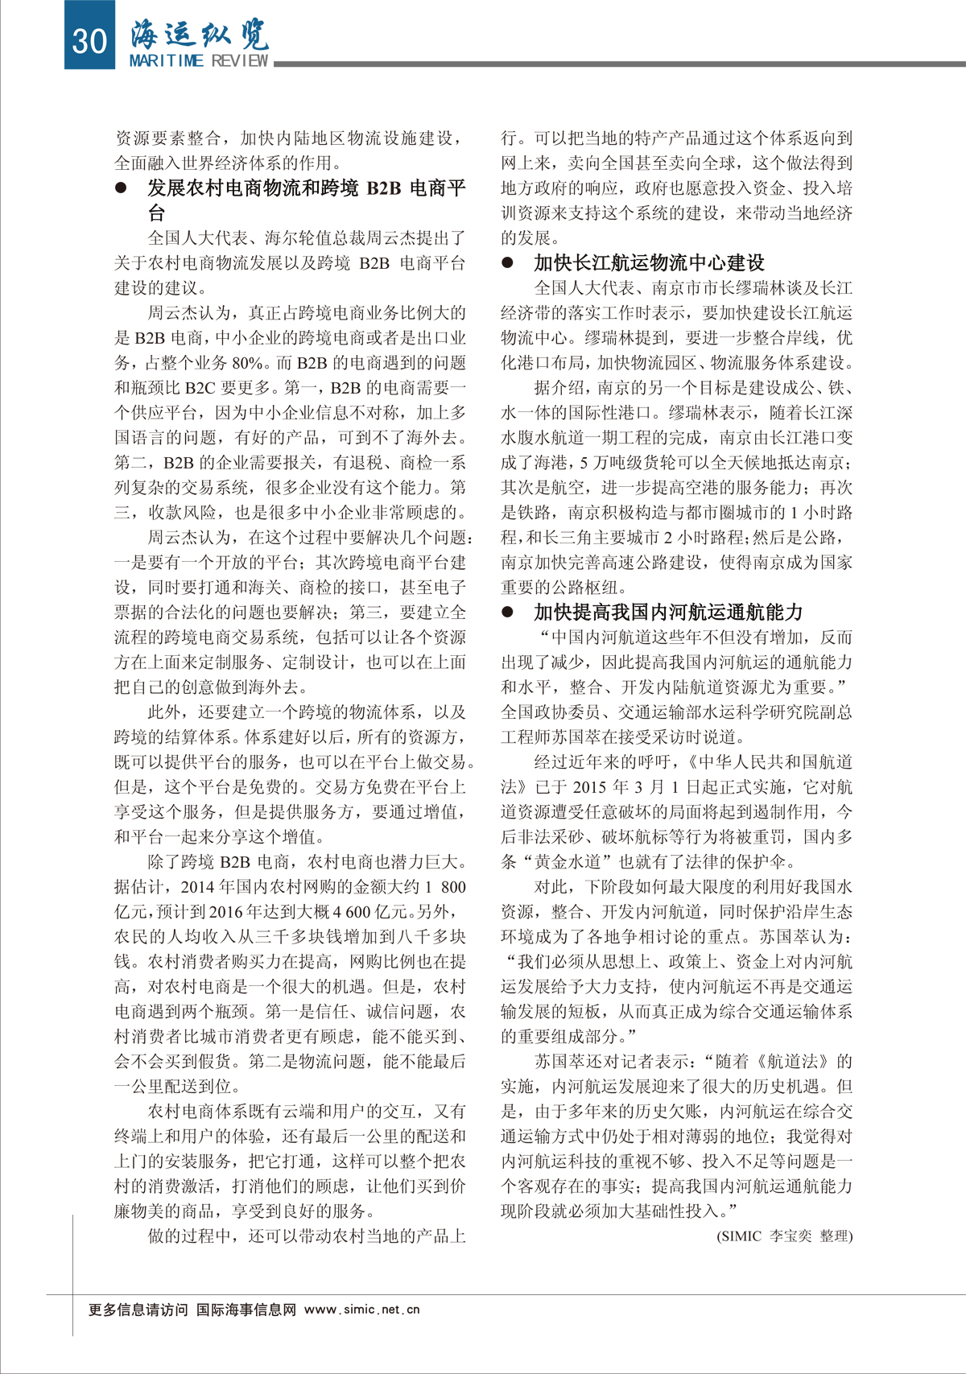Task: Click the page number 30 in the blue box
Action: point(89,39)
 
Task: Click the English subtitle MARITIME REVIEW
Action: point(198,61)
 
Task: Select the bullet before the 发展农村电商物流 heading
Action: point(122,188)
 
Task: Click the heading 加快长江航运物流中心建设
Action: point(649,262)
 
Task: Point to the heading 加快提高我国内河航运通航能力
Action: point(668,612)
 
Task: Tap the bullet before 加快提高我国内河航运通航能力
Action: point(508,612)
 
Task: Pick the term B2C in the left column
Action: point(200,388)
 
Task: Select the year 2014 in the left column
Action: point(197,887)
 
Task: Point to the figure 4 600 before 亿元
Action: point(347,912)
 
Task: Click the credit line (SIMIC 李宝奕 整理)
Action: point(784,1236)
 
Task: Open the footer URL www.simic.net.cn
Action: point(362,1310)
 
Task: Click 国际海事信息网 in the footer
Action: point(246,1310)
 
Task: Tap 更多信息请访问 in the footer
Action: point(138,1310)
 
